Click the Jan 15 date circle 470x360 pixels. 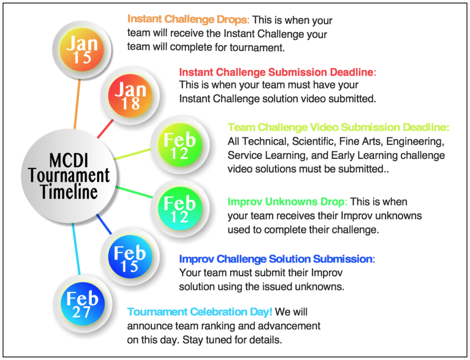[x=82, y=50]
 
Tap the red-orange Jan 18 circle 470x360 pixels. [x=130, y=95]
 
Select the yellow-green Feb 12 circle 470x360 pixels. [x=180, y=145]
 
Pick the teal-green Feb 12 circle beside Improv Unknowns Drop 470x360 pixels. [x=180, y=208]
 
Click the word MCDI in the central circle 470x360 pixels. [x=69, y=160]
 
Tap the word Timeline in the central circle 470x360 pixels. [x=69, y=192]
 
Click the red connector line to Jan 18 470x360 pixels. [x=105, y=129]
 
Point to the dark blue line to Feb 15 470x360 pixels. [x=104, y=224]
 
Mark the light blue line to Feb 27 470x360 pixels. [x=76, y=249]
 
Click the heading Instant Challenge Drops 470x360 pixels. [x=188, y=19]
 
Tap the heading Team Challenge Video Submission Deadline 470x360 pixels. [x=338, y=127]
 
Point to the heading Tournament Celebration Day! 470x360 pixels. [x=200, y=312]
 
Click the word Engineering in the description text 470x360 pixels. [x=415, y=141]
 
